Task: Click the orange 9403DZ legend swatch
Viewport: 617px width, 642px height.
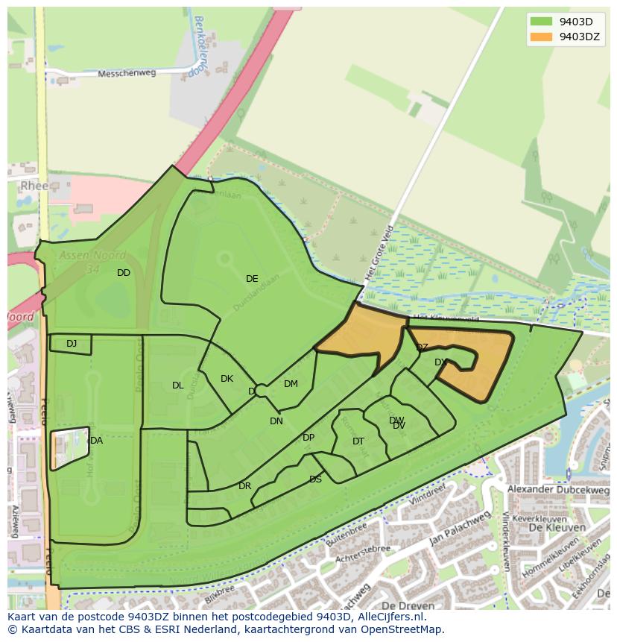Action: pos(542,37)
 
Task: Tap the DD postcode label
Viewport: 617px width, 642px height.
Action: pos(124,273)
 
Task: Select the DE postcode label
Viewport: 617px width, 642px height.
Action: pos(252,279)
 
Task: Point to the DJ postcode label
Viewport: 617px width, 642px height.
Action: pos(72,344)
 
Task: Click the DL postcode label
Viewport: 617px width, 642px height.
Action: pos(177,385)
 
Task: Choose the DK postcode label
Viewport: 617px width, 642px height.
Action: pos(227,379)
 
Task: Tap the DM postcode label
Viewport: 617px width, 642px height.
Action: pos(291,384)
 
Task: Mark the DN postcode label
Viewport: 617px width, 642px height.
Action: pos(276,421)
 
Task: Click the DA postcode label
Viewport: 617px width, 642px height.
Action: pos(96,441)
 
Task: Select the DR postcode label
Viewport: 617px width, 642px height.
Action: pos(244,486)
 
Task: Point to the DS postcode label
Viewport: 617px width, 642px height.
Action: pos(315,479)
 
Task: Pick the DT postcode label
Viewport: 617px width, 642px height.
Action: pos(358,441)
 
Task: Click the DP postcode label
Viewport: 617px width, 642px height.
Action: pos(308,438)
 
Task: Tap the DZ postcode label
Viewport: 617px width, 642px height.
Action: pos(422,347)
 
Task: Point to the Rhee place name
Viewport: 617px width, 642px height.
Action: pos(35,186)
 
